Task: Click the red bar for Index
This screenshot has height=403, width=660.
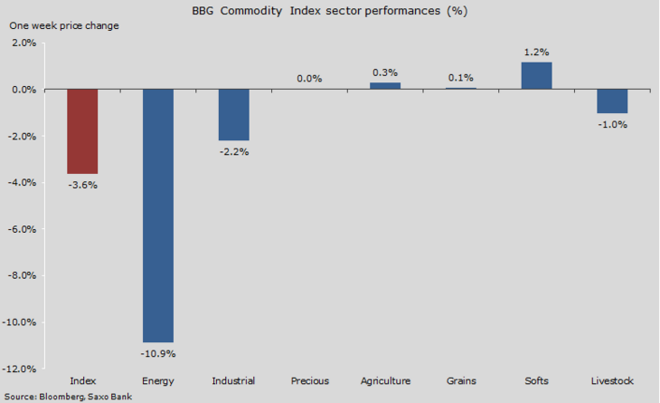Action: (82, 131)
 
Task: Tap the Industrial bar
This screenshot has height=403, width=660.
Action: (234, 115)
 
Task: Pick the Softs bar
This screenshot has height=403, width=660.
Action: (537, 76)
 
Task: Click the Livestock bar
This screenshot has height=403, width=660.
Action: (612, 101)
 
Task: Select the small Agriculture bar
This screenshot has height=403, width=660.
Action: (385, 86)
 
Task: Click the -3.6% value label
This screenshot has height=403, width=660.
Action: (82, 185)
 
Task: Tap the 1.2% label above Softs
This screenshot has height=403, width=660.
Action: (537, 53)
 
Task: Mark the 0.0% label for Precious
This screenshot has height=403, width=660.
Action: (309, 79)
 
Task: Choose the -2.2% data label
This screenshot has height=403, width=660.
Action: (234, 151)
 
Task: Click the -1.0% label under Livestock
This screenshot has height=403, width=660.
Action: (612, 124)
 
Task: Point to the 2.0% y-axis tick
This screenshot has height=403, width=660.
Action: (24, 43)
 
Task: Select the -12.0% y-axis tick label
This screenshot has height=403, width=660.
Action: (22, 369)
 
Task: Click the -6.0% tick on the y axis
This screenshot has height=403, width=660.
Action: (24, 229)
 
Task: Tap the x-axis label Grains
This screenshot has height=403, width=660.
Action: (461, 381)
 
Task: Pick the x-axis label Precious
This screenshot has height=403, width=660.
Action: (310, 381)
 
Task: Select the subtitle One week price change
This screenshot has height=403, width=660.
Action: (64, 25)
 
